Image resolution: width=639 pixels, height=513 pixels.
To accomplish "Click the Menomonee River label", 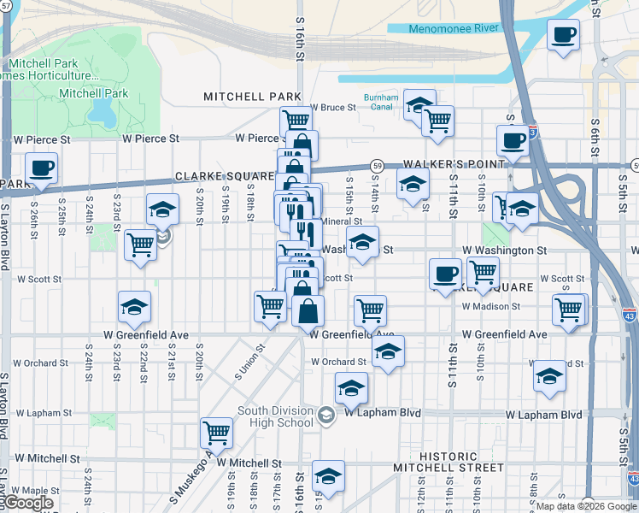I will [x=453, y=28].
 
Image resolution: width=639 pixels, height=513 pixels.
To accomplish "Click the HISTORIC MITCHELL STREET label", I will [x=448, y=468].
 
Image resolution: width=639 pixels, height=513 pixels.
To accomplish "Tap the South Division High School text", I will [x=275, y=416].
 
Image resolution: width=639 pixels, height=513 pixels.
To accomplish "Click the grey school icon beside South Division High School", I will [x=325, y=416].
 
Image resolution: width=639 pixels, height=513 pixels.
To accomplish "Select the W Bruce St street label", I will [x=332, y=108].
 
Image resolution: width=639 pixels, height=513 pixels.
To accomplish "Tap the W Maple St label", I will [x=35, y=491].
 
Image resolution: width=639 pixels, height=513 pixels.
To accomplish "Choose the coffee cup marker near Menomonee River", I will [x=564, y=36].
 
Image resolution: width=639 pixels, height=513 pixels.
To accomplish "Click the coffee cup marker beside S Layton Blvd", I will [x=41, y=168].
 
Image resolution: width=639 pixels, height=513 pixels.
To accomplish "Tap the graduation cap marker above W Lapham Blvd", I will [x=351, y=388].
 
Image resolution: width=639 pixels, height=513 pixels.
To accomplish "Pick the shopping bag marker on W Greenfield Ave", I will [x=308, y=311].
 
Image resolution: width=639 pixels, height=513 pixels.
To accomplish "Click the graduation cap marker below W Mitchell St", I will [x=327, y=476].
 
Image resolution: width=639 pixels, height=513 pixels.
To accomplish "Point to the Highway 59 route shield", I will [x=376, y=164].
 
